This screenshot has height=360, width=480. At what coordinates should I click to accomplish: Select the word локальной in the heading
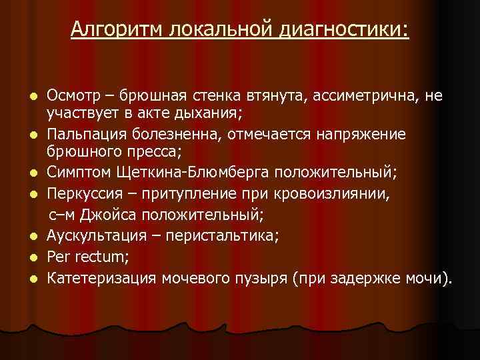(x=227, y=29)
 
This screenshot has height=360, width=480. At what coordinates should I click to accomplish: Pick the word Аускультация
(x=97, y=235)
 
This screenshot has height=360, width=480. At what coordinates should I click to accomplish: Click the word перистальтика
(x=220, y=235)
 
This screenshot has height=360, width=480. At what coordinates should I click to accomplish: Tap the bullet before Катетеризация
(x=36, y=277)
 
